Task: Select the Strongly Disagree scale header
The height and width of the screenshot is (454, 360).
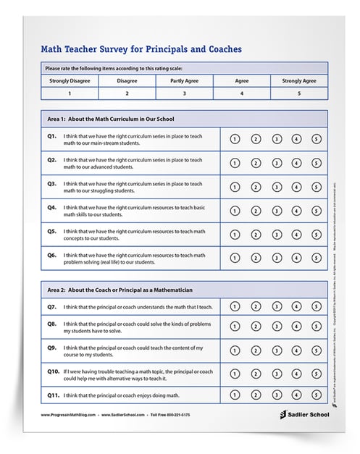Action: point(70,80)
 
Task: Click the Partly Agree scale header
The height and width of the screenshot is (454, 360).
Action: point(184,80)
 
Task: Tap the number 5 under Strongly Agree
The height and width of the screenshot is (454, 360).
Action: point(298,93)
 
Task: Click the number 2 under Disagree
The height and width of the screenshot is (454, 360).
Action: point(127,93)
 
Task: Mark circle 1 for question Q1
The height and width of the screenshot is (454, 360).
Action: point(235,138)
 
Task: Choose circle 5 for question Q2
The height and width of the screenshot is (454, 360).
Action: point(317,162)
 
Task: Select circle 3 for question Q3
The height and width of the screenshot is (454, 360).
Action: point(276,186)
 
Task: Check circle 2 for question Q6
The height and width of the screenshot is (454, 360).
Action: point(256,258)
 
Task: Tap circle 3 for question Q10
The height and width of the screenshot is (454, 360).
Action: point(276,374)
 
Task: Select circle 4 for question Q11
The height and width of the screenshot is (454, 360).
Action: point(296,395)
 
